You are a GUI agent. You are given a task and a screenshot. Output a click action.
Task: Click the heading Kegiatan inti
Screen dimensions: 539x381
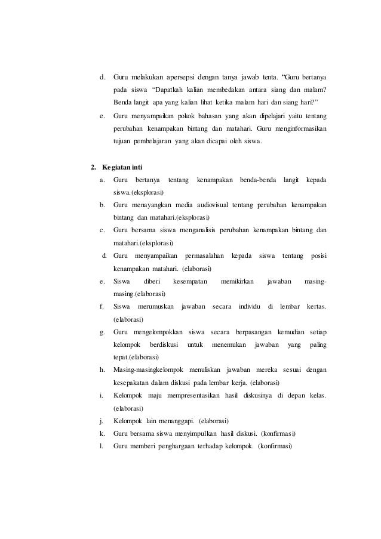(x=121, y=166)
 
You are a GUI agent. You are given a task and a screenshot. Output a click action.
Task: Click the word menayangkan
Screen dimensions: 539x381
(x=155, y=205)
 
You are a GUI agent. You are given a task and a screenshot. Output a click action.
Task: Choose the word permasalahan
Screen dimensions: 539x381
(x=204, y=256)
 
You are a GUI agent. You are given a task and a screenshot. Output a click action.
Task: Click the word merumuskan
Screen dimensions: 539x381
(x=153, y=307)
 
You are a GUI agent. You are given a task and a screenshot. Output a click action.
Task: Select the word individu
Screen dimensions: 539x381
(x=250, y=307)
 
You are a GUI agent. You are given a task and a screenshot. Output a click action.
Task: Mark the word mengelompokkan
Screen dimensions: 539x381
(x=158, y=332)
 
